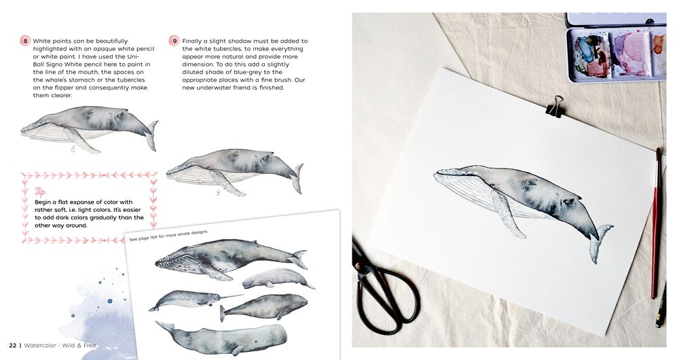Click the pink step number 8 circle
25,41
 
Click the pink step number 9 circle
174,41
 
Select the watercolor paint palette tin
617,48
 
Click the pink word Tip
40,192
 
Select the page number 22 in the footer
12,345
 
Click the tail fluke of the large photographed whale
601,242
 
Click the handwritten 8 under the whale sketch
73,149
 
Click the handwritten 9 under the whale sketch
218,192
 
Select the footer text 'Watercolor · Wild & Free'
60,345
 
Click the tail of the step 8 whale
151,135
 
